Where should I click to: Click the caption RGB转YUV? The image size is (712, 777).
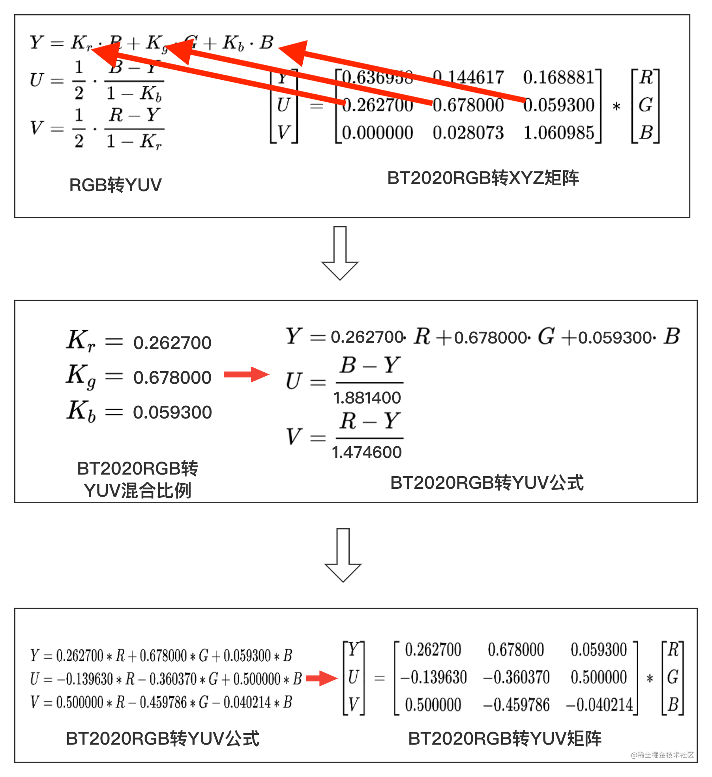coord(115,185)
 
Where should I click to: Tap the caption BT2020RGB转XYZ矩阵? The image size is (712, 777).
coord(483,178)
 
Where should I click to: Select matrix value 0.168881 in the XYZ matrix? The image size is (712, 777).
coord(558,77)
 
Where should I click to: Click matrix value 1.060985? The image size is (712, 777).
coord(558,133)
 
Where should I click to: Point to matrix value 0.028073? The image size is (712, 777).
coord(468,133)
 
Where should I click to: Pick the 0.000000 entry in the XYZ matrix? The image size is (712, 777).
coord(377,133)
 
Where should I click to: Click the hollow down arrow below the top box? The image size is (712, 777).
coord(340,253)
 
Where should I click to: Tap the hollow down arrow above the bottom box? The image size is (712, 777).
coord(343,555)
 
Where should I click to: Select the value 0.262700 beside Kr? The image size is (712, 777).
coord(172,343)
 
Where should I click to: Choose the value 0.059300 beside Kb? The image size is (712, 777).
coord(172,412)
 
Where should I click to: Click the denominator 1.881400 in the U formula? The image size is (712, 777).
coord(367,398)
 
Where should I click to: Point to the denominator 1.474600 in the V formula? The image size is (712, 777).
coord(367,452)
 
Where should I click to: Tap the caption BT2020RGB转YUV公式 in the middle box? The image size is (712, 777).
coord(487,482)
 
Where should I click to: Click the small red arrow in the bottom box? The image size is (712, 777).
coord(322,678)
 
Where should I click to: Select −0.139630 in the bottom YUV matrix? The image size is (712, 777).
coord(433,677)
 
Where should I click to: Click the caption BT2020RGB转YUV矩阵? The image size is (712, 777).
coord(505,738)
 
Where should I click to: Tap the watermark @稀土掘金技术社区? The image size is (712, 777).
coord(662,755)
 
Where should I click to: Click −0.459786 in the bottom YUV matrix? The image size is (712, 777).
coord(516,705)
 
